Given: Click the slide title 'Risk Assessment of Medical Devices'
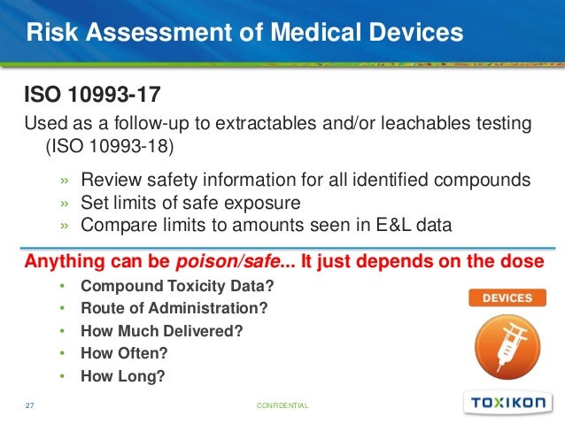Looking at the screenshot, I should (244, 34).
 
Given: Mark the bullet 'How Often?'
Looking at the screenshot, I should (124, 353).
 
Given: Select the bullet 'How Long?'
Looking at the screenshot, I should (122, 375).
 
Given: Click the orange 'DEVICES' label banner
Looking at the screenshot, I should (507, 298).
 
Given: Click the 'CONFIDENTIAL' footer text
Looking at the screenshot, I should (282, 405).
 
